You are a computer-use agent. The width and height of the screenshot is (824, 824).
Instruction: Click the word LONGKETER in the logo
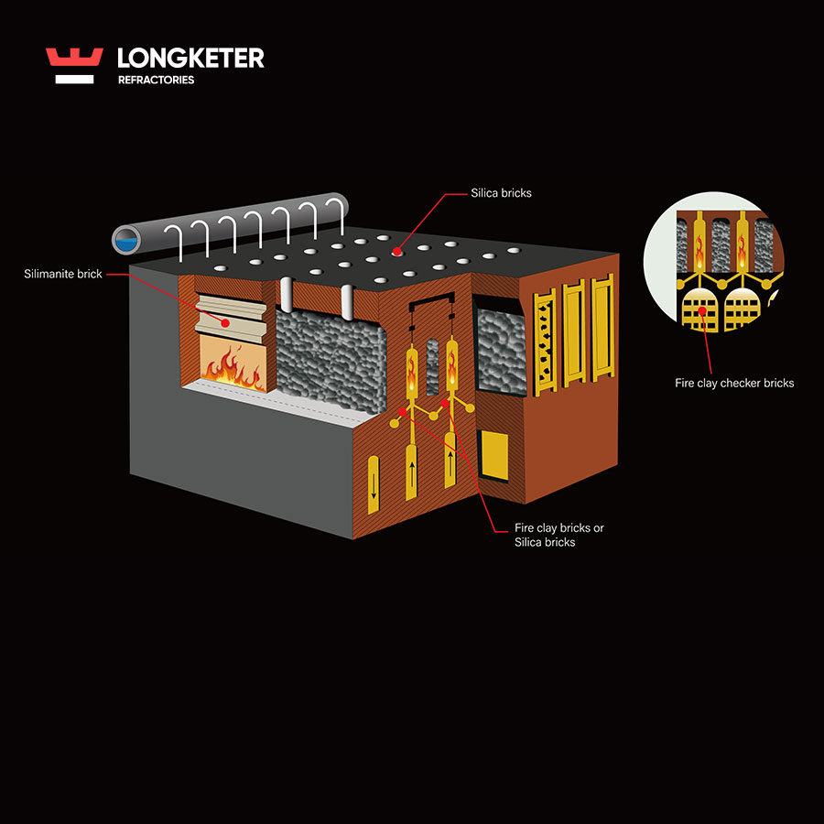tap(190, 59)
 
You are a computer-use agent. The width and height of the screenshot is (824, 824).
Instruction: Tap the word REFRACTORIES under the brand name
tap(156, 81)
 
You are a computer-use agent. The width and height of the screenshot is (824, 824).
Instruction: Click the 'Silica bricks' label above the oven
tap(501, 193)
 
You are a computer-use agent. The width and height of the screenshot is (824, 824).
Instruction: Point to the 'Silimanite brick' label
tap(63, 274)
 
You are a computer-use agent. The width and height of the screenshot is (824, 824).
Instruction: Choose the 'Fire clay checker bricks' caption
tap(734, 383)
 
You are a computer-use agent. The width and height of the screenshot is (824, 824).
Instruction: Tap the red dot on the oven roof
tap(396, 251)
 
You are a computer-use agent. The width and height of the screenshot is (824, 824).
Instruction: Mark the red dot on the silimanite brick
tap(226, 321)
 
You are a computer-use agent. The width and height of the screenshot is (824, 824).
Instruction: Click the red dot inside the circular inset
tap(703, 311)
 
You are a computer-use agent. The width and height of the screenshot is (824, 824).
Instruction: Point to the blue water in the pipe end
tap(123, 241)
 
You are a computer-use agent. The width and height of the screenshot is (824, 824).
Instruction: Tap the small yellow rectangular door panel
tap(494, 455)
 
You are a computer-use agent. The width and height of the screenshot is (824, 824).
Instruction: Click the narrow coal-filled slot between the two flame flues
tap(432, 366)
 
